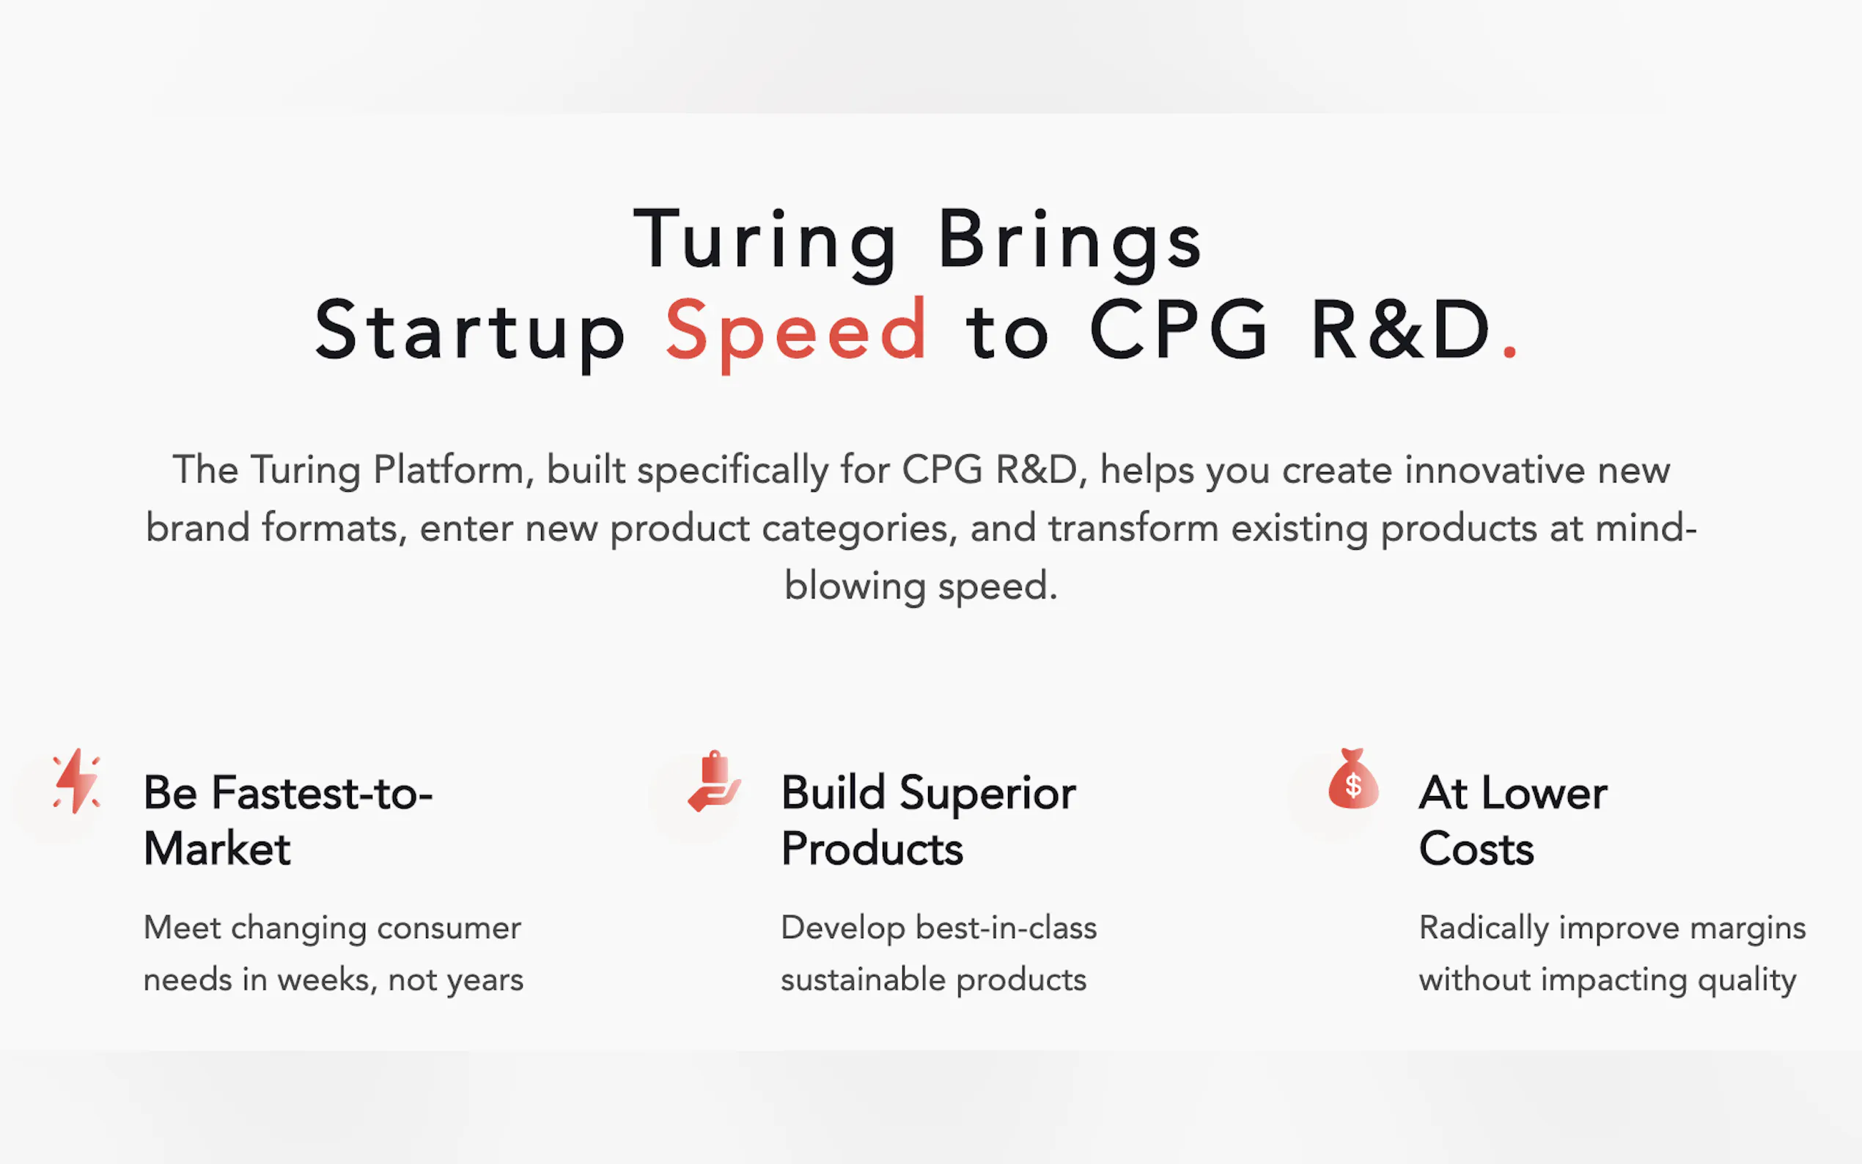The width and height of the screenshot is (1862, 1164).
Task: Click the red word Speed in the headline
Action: pos(796,333)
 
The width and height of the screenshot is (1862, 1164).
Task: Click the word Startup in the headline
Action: pos(470,333)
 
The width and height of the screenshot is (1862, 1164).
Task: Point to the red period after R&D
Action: pos(1509,353)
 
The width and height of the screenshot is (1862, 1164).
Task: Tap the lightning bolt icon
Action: pos(76,781)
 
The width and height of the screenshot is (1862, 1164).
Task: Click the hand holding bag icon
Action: pos(714,781)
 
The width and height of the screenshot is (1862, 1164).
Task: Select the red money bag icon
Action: pos(1353,778)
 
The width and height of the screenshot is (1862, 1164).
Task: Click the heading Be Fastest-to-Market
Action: pos(288,821)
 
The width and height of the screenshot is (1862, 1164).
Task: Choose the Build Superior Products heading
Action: pos(928,821)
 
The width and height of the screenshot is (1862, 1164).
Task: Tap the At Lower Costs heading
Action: pos(1513,821)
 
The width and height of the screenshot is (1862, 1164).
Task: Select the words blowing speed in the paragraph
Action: pos(921,586)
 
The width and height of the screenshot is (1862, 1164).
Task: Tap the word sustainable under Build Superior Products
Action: pos(863,979)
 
